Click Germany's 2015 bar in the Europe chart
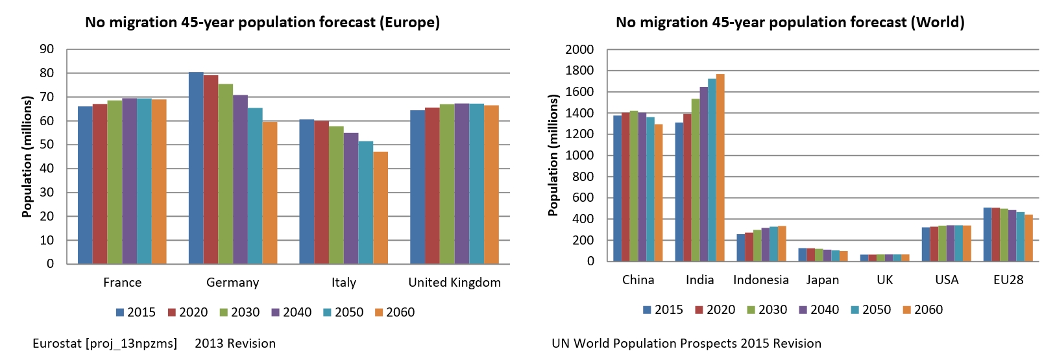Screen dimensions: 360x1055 196,169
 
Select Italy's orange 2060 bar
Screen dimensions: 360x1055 380,208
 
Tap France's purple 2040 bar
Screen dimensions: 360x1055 129,182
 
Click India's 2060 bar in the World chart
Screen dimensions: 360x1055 720,169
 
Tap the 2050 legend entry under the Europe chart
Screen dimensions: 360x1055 343,313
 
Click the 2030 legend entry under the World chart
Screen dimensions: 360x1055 767,310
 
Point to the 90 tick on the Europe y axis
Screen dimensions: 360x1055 47,49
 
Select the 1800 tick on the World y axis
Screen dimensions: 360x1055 579,71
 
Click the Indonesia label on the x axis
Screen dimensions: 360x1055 760,280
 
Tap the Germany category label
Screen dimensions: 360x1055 232,283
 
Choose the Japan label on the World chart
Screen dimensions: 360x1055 822,280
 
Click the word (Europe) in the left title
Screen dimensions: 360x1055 409,23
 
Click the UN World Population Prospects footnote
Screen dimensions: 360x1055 686,344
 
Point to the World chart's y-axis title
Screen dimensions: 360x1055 553,156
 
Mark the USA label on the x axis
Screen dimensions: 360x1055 947,280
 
